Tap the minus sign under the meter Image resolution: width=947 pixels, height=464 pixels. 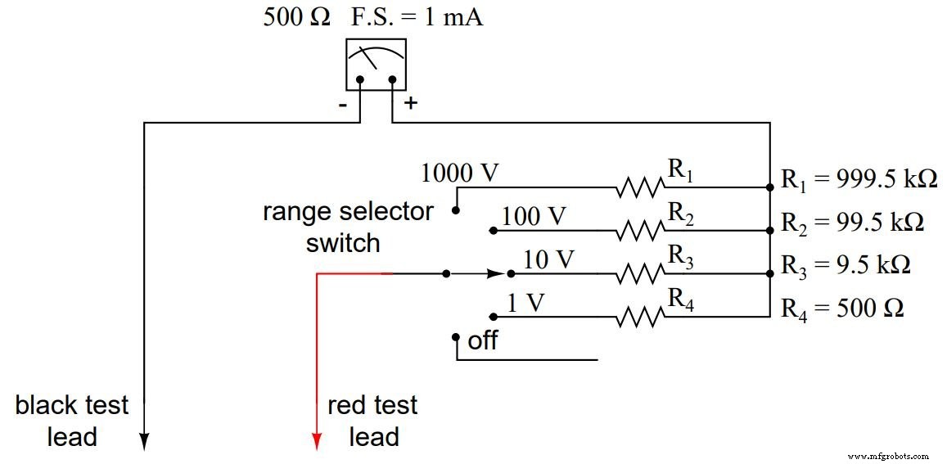tap(343, 105)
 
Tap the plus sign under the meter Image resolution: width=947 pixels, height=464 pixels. tap(410, 104)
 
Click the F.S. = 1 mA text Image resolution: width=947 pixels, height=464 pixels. tap(417, 17)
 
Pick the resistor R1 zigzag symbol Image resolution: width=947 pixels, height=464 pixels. tap(641, 188)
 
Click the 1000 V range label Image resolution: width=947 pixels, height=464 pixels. tap(459, 173)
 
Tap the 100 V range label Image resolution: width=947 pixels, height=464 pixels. tap(534, 217)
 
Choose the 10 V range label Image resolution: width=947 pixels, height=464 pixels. tap(548, 259)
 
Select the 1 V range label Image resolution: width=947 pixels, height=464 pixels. tap(525, 303)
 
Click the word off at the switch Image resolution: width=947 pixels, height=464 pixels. tap(482, 340)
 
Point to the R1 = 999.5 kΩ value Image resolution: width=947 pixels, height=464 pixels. tap(859, 179)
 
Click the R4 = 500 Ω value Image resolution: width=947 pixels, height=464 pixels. tap(842, 309)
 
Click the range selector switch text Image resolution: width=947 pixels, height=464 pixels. tap(347, 227)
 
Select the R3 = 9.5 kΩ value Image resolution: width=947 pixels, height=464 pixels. tap(846, 266)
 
